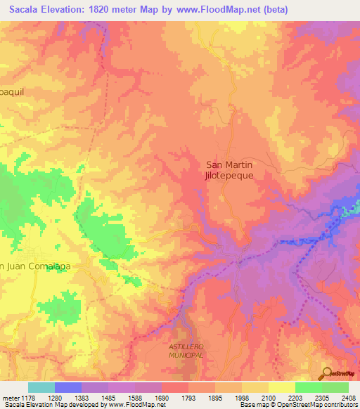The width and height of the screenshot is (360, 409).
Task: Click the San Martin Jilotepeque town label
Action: click(x=229, y=171)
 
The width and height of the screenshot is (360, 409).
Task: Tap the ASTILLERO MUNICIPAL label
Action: click(x=186, y=351)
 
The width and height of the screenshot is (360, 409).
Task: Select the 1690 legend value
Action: click(x=161, y=398)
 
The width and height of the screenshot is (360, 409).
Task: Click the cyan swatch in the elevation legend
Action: click(x=41, y=387)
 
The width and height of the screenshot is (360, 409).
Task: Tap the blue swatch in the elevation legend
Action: click(x=68, y=387)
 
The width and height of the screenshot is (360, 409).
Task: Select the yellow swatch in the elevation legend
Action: click(x=281, y=387)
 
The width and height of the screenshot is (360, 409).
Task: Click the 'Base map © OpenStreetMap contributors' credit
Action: click(x=297, y=405)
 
